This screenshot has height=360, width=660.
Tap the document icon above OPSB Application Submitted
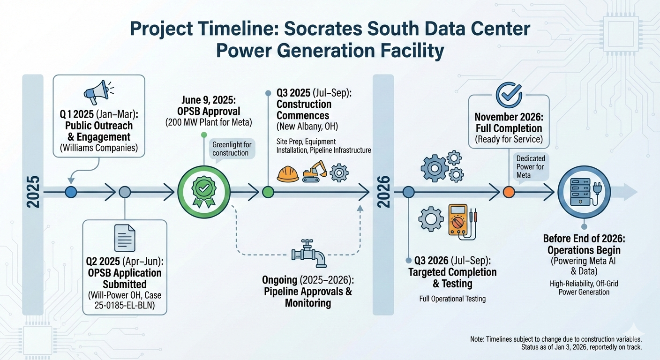125,238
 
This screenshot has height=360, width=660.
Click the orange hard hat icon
288,173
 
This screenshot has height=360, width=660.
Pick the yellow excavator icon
315,171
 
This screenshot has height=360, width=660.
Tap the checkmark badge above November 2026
509,95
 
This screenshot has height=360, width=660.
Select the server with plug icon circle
580,192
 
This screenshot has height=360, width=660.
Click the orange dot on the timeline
509,192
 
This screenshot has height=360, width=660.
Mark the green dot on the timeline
268,191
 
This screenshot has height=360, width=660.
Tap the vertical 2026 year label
383,192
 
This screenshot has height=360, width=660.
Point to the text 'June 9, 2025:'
203,101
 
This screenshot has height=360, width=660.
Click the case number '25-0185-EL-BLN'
124,306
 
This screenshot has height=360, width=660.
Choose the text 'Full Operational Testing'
452,299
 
